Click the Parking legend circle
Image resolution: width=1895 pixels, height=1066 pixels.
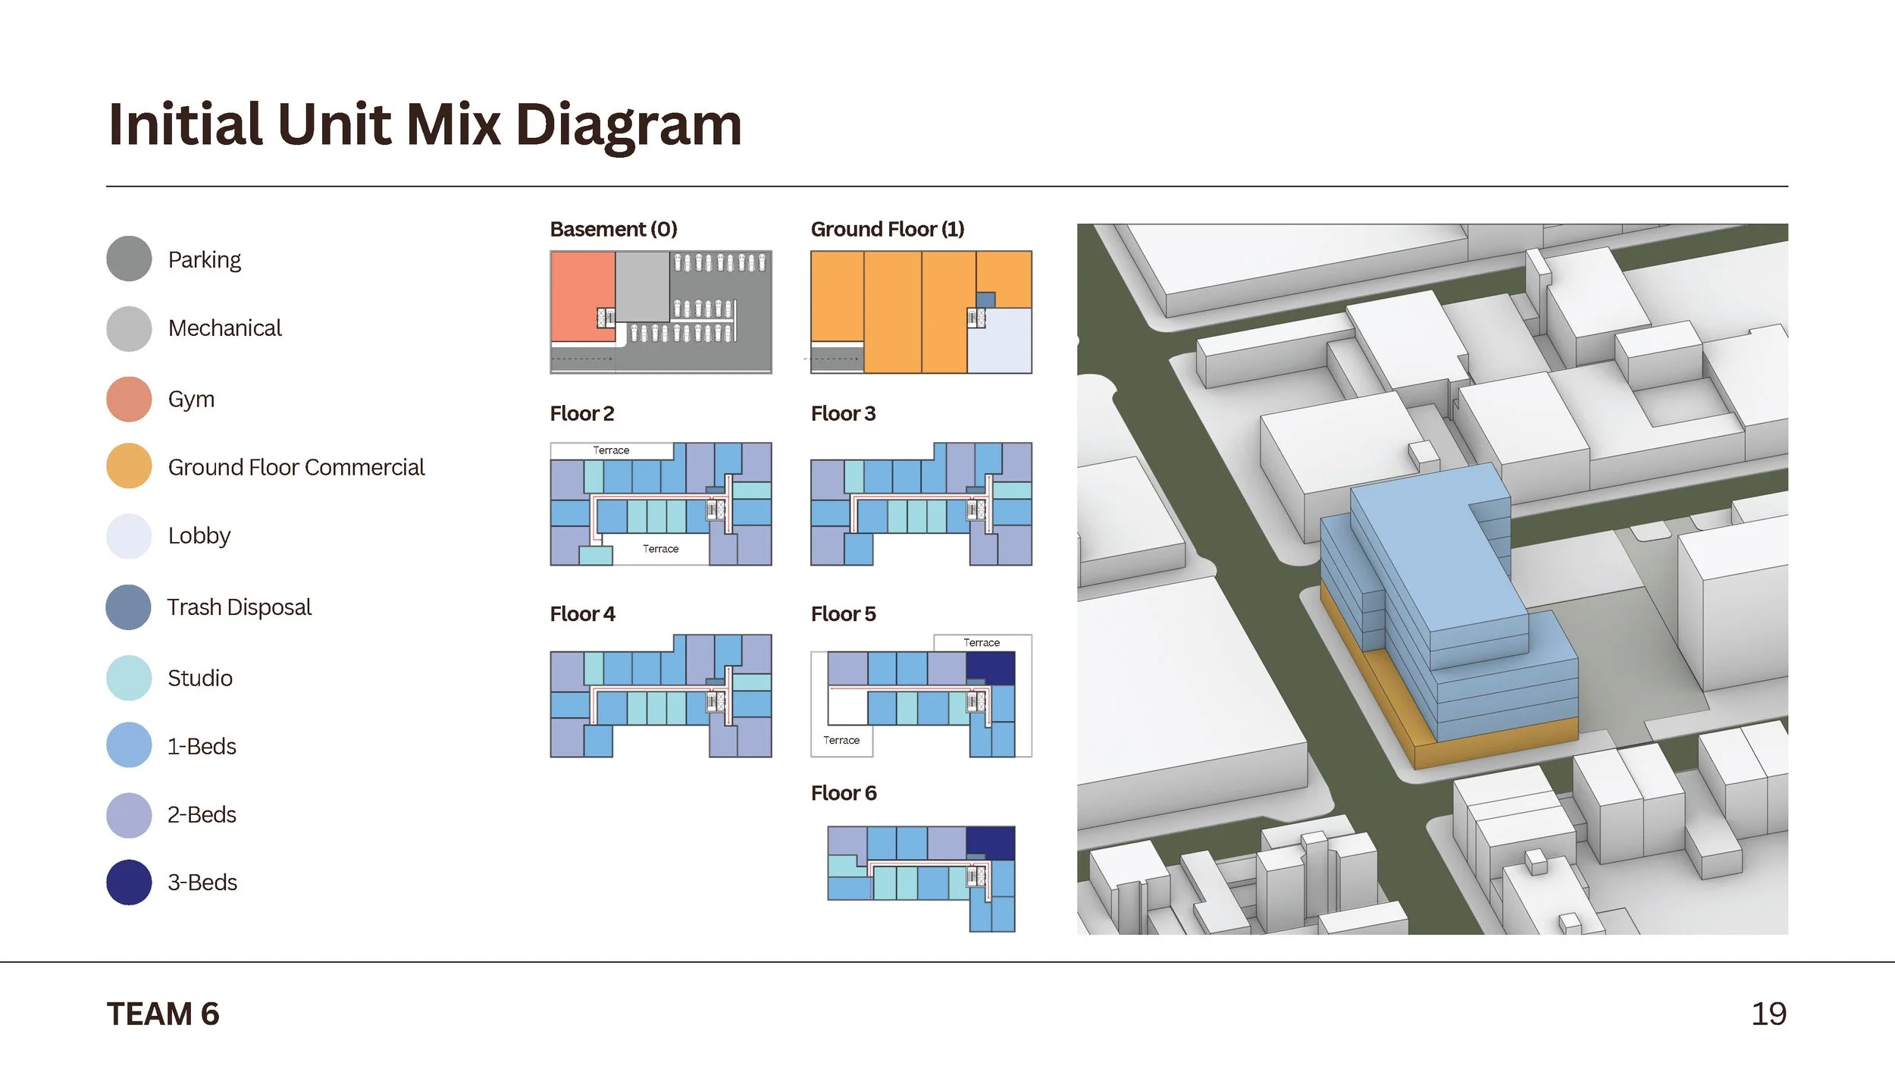coord(129,259)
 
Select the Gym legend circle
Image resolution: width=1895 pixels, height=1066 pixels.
coord(129,399)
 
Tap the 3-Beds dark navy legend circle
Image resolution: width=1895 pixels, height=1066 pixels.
coord(129,882)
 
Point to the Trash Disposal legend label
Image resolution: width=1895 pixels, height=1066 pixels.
coord(239,607)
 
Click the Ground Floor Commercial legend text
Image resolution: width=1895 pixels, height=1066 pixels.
coord(296,467)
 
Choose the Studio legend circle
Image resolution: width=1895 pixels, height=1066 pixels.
coord(129,678)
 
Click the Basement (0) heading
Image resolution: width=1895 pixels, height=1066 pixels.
coord(613,229)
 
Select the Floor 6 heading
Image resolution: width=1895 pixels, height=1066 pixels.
coord(843,793)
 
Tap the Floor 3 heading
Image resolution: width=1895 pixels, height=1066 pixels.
coord(842,414)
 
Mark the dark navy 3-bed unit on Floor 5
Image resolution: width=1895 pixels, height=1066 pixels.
coord(990,668)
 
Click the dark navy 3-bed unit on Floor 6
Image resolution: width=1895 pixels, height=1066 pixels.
coord(990,842)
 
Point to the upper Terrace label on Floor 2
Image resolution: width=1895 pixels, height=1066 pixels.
coord(611,450)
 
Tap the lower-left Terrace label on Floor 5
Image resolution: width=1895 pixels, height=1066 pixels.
coord(841,740)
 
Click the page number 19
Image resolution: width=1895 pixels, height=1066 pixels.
coord(1768,1014)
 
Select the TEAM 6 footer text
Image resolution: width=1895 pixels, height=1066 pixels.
coord(163,1014)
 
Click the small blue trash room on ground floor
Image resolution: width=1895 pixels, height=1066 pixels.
coord(985,299)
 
